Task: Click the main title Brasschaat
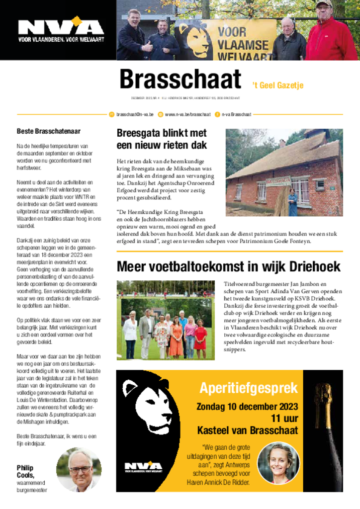pos(180,80)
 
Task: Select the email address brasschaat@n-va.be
pos(135,114)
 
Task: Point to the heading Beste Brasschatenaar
pos(49,132)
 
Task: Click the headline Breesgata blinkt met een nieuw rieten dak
pos(162,139)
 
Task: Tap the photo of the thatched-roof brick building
pos(284,172)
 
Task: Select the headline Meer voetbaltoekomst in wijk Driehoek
pos(228,266)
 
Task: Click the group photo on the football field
pos(166,320)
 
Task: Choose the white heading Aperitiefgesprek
pos(249,388)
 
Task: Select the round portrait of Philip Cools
pos(79,469)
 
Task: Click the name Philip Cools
pos(25,471)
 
